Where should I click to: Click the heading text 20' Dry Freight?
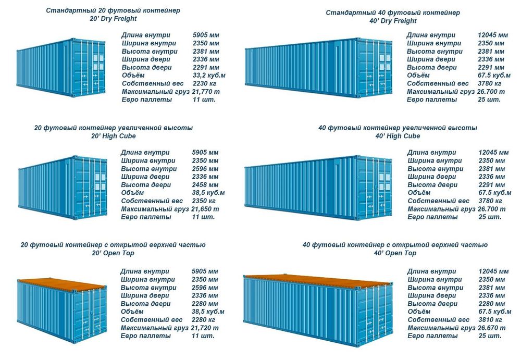[x=113, y=19]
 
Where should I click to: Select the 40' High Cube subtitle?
[x=397, y=136]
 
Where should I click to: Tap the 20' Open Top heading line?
[x=113, y=253]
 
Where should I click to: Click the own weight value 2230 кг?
[x=205, y=83]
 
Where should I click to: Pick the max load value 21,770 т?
[x=206, y=92]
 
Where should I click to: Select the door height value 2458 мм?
[x=205, y=185]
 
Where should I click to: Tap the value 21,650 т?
[x=206, y=209]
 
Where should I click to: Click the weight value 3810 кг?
[x=490, y=319]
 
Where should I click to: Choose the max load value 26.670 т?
[x=491, y=328]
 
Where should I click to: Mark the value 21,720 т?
[x=206, y=328]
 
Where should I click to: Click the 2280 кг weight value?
[x=205, y=319]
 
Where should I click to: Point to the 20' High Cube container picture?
[x=63, y=188]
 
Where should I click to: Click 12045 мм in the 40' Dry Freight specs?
[x=493, y=35]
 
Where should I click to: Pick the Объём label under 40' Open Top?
[x=418, y=312]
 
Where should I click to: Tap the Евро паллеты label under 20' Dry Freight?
[x=147, y=100]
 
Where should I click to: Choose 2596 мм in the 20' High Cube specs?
[x=205, y=169]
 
